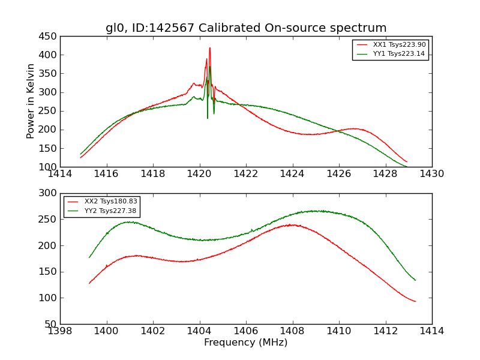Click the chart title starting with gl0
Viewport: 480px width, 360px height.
246,28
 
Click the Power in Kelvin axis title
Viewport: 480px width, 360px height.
31,101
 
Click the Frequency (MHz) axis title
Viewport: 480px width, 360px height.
246,343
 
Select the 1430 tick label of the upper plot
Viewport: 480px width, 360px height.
431,174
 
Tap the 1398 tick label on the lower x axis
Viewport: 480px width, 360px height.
60,331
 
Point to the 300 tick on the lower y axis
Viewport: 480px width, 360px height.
49,193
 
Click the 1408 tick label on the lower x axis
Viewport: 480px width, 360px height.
292,331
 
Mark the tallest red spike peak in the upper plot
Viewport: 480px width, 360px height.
209,48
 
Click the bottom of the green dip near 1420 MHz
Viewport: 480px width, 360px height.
208,118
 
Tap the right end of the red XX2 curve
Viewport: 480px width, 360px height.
415,301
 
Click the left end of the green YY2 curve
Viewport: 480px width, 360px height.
89,257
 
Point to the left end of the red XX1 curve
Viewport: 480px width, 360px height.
80,157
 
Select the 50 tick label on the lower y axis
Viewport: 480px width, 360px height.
51,324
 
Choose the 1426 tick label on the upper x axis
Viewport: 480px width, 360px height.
338,174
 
